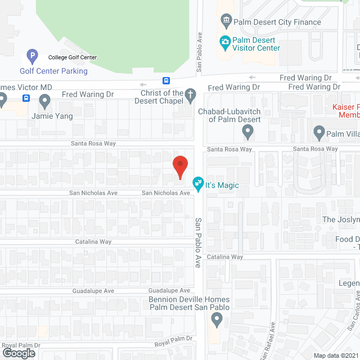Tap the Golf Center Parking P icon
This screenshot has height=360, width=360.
pyautogui.click(x=32, y=56)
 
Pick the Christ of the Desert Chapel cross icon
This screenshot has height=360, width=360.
pyautogui.click(x=191, y=94)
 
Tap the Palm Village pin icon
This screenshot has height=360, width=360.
pyautogui.click(x=319, y=133)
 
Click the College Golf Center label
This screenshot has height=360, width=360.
pyautogui.click(x=72, y=57)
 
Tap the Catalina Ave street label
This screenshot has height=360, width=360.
pyautogui.click(x=96, y=241)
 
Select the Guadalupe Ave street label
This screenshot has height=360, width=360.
pyautogui.click(x=93, y=291)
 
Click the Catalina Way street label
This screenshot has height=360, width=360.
pyautogui.click(x=224, y=256)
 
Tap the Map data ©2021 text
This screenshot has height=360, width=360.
pyautogui.click(x=335, y=355)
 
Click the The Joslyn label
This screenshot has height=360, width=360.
pyautogui.click(x=341, y=219)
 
